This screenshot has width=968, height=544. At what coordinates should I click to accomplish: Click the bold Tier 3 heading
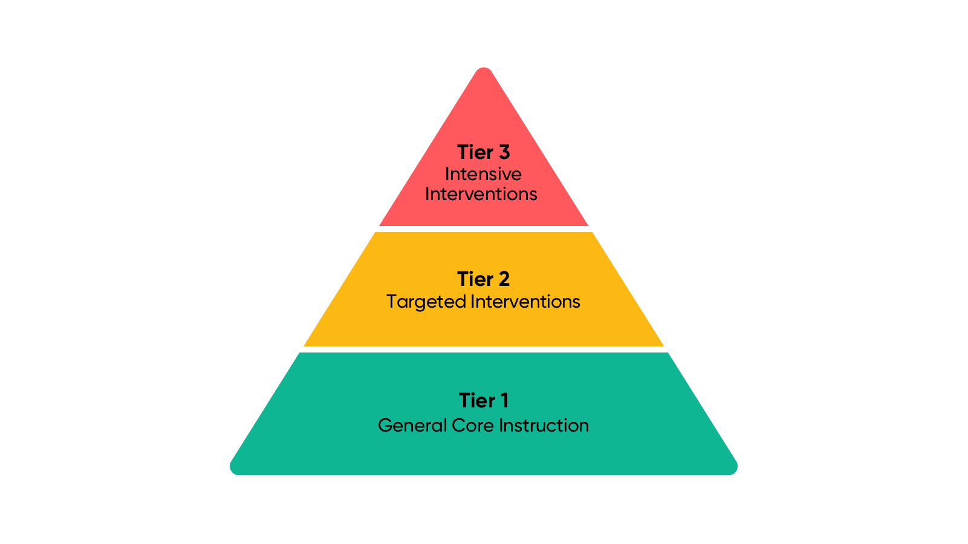click(x=483, y=152)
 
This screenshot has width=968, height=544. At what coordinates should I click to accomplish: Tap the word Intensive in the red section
click(x=483, y=174)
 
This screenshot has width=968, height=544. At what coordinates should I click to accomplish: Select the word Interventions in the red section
click(x=481, y=194)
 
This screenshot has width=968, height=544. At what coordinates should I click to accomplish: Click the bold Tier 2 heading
click(x=483, y=279)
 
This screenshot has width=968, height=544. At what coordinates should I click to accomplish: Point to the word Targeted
click(x=426, y=302)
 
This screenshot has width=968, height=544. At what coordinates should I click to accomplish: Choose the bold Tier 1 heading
click(x=483, y=401)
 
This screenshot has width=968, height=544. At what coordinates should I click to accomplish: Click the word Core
click(x=473, y=426)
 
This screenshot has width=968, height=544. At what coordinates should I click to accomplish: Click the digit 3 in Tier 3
click(x=504, y=152)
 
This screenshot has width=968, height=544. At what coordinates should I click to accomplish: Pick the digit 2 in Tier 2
click(x=504, y=279)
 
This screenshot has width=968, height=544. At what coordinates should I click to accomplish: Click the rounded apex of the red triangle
click(x=484, y=71)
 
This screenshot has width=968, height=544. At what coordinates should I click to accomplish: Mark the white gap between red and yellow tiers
click(x=484, y=229)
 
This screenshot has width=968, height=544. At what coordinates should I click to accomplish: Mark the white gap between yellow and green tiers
click(x=484, y=349)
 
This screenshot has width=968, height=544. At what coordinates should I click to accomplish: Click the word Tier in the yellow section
click(x=475, y=279)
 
